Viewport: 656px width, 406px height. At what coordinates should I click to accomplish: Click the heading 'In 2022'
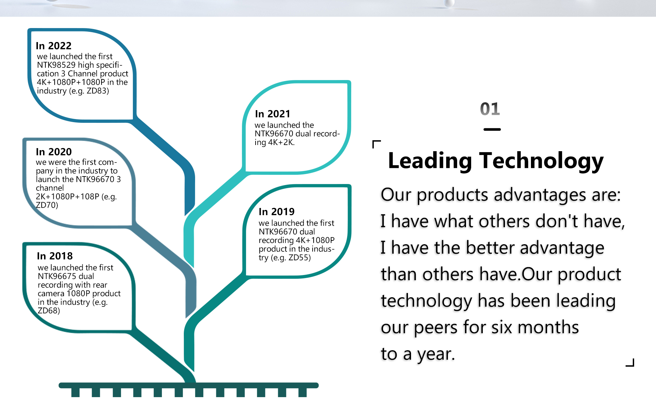(54, 45)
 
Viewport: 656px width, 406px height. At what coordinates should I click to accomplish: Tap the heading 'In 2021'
(273, 114)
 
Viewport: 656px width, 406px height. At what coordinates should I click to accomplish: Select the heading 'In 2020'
(54, 152)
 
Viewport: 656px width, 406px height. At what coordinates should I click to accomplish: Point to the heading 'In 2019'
(276, 211)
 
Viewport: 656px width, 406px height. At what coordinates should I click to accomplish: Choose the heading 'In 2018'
(55, 256)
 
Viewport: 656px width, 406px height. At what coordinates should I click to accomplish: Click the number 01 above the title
(490, 109)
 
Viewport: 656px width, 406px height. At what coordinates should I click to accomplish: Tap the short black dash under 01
(492, 129)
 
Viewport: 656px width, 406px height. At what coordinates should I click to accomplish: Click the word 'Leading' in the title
(430, 161)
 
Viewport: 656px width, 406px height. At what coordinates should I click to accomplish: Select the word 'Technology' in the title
(542, 161)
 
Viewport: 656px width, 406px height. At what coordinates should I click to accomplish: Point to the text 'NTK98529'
(56, 65)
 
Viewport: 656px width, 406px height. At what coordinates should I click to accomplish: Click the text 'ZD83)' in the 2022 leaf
(98, 91)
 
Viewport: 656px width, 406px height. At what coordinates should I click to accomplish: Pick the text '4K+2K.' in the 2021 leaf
(281, 142)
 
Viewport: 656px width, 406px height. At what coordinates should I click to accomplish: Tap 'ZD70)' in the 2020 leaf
(47, 205)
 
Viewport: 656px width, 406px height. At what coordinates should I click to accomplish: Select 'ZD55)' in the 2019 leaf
(300, 258)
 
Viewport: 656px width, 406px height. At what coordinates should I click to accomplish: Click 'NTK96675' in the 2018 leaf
(57, 276)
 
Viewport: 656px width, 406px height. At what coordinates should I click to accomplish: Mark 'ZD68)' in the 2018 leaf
(49, 311)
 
